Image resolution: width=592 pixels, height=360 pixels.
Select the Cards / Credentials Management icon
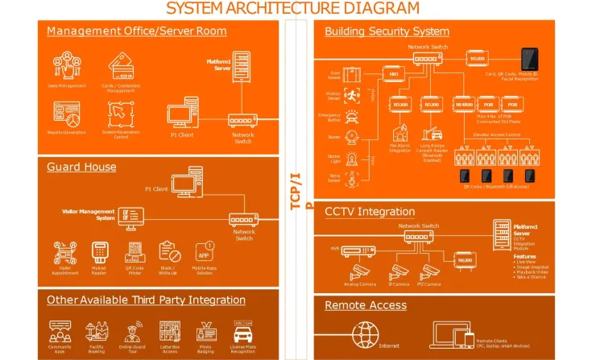click(x=122, y=61)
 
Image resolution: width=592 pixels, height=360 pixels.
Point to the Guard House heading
click(x=81, y=168)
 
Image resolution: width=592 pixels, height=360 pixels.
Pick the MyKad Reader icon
click(x=100, y=251)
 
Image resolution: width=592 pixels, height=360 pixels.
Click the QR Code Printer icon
click(x=135, y=251)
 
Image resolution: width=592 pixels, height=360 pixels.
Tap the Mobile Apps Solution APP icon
click(x=204, y=252)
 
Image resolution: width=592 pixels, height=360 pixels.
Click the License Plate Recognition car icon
click(x=243, y=330)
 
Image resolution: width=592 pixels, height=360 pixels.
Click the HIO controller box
click(x=394, y=74)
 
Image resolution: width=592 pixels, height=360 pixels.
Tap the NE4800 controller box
click(x=464, y=105)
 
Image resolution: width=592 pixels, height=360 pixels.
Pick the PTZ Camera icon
click(x=431, y=271)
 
